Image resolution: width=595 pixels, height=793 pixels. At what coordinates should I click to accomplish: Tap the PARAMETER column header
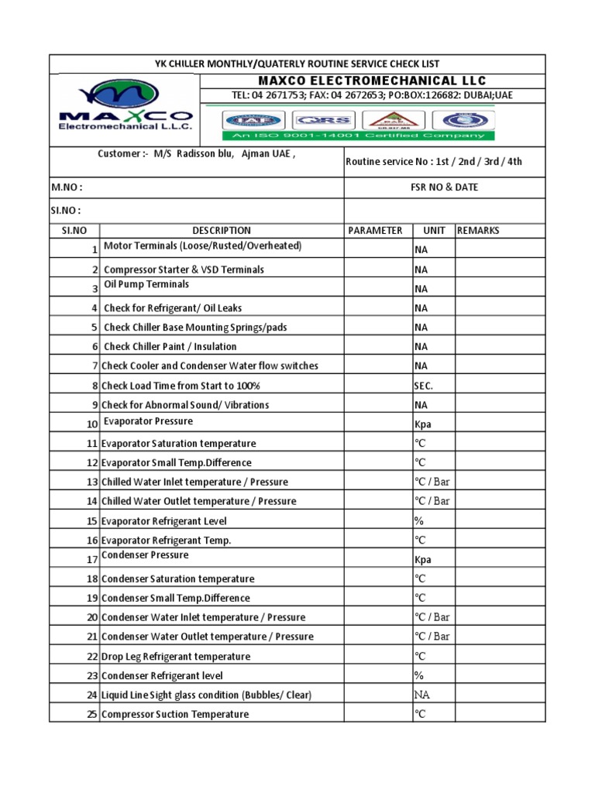pyautogui.click(x=375, y=230)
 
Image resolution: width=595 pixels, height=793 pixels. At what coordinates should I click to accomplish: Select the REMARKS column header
pyautogui.click(x=479, y=230)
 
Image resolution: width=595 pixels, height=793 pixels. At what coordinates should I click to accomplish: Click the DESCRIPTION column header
pyautogui.click(x=222, y=230)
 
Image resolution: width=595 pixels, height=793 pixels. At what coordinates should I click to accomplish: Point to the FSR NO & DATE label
pyautogui.click(x=444, y=187)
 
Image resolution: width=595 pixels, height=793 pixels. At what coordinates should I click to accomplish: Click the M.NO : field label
pyautogui.click(x=67, y=187)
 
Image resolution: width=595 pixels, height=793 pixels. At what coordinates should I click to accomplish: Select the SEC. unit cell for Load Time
pyautogui.click(x=423, y=386)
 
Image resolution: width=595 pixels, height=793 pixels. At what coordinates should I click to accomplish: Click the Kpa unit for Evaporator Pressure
pyautogui.click(x=422, y=424)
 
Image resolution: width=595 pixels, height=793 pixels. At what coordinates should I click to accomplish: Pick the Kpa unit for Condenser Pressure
pyautogui.click(x=422, y=560)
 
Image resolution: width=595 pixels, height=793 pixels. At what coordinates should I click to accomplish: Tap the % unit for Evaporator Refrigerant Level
pyautogui.click(x=418, y=520)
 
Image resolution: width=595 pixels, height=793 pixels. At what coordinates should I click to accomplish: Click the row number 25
pyautogui.click(x=91, y=714)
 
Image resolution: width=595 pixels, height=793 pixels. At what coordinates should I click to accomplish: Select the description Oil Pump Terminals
pyautogui.click(x=146, y=284)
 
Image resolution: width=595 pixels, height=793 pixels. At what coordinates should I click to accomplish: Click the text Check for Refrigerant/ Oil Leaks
pyautogui.click(x=173, y=308)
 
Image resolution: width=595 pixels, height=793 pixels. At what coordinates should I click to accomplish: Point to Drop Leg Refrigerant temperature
pyautogui.click(x=176, y=656)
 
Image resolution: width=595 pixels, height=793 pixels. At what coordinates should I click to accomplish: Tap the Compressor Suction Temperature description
pyautogui.click(x=175, y=714)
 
